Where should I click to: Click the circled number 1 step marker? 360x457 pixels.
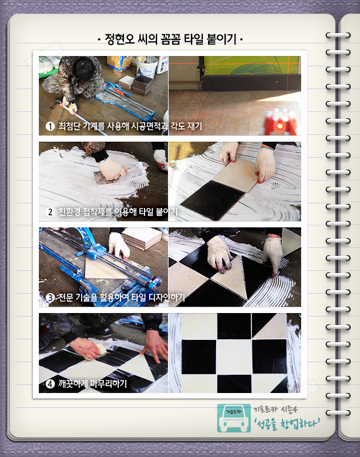point(50,126)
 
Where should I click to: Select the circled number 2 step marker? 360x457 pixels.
point(50,212)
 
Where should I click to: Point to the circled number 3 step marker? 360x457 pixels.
point(50,298)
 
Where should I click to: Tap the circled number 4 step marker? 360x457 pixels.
point(50,384)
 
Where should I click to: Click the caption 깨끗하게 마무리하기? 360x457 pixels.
point(93,384)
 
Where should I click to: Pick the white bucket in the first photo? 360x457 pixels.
point(147,67)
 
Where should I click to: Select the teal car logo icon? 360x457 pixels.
point(234,418)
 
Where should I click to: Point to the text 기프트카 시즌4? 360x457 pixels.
point(275,410)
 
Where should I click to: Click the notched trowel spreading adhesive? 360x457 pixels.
point(106,177)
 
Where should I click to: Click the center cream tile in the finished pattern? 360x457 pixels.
point(234,356)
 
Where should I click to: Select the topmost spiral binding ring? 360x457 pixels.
point(338,35)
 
